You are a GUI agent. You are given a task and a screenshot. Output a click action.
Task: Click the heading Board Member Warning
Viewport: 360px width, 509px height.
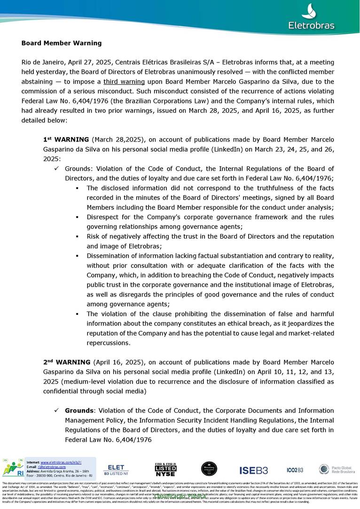coord(62,43)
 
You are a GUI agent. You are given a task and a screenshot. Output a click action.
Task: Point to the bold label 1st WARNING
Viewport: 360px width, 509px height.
coord(66,140)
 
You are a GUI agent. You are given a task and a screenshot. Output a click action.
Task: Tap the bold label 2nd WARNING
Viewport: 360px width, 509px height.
coord(66,362)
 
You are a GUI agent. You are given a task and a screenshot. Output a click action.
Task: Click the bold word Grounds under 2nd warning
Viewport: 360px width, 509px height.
coord(79,411)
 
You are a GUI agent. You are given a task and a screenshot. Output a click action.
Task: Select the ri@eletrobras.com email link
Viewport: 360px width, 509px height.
coord(52,467)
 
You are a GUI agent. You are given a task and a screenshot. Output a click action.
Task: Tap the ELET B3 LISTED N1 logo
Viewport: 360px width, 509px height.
coord(116,469)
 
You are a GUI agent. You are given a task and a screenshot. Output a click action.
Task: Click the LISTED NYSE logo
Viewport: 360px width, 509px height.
coord(165,469)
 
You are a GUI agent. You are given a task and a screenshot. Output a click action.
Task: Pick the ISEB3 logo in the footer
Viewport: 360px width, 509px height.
coord(254,470)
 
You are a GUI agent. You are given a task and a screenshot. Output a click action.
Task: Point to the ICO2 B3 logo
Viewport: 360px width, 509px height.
coord(295,470)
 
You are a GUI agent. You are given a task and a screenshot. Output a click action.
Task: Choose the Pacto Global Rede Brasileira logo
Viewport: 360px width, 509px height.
coord(337,469)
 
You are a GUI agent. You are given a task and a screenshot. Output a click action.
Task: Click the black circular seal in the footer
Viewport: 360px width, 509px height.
coord(209,469)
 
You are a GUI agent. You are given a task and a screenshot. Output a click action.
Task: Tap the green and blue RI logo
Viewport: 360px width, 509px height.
coord(13,468)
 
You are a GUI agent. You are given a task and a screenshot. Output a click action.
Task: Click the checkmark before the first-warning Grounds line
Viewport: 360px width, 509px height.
coord(56,169)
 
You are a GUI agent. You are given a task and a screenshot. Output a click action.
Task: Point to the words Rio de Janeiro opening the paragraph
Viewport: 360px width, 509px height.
coord(44,62)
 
